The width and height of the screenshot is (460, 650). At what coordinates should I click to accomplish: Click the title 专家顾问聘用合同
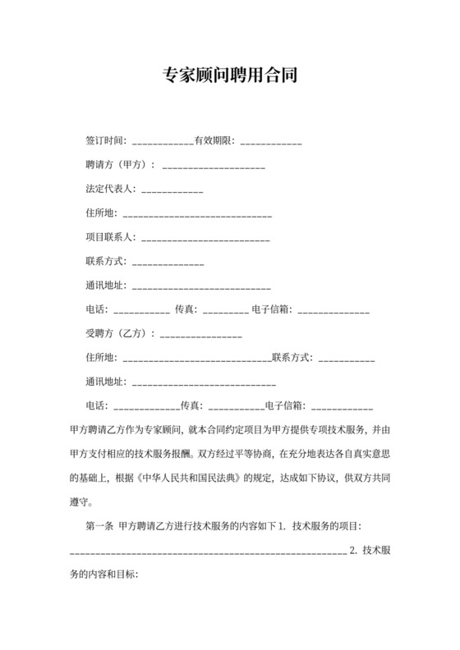(x=230, y=76)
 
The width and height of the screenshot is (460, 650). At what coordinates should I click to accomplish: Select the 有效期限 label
(x=214, y=140)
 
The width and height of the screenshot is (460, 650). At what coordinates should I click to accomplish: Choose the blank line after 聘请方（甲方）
(x=214, y=167)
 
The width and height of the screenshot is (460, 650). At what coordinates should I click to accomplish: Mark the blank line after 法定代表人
(x=172, y=190)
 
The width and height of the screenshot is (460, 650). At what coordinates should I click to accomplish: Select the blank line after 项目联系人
(x=206, y=239)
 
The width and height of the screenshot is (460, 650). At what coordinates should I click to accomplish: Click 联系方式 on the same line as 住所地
(x=292, y=357)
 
